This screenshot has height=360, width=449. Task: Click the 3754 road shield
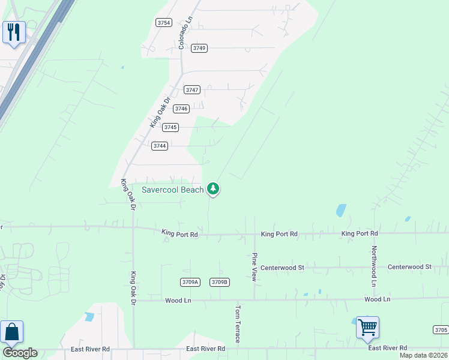pyautogui.click(x=163, y=23)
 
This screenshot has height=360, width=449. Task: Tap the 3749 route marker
pyautogui.click(x=199, y=48)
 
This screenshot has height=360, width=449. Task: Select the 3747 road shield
pyautogui.click(x=191, y=90)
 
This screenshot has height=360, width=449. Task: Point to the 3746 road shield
pyautogui.click(x=181, y=109)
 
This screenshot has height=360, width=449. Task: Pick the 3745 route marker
pyautogui.click(x=170, y=127)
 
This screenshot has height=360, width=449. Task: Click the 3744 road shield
pyautogui.click(x=160, y=146)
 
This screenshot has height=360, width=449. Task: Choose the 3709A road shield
pyautogui.click(x=190, y=282)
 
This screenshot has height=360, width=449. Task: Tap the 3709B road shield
pyautogui.click(x=220, y=282)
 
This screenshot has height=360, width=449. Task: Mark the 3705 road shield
pyautogui.click(x=441, y=329)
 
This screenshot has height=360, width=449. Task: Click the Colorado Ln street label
pyautogui.click(x=185, y=33)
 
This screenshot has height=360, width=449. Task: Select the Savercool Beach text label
pyautogui.click(x=172, y=190)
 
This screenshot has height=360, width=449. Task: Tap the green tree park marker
pyautogui.click(x=212, y=189)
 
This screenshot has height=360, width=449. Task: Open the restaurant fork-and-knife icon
pyautogui.click(x=14, y=31)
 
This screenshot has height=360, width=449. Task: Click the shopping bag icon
pyautogui.click(x=11, y=332)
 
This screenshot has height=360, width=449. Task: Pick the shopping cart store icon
pyautogui.click(x=367, y=328)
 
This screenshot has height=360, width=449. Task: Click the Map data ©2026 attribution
pyautogui.click(x=423, y=355)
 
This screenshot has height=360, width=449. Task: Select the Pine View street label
pyautogui.click(x=255, y=266)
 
